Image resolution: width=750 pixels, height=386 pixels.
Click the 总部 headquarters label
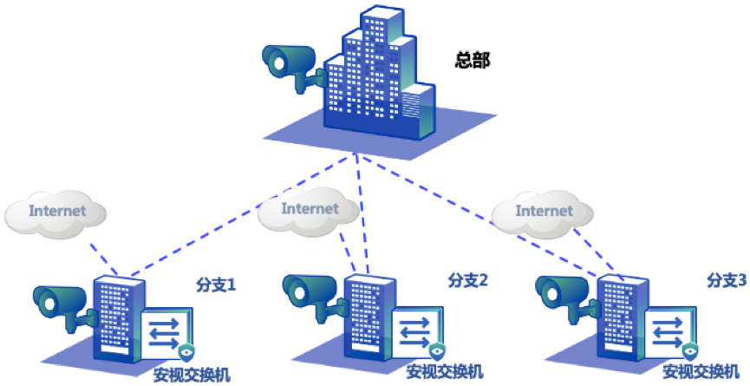(472, 61)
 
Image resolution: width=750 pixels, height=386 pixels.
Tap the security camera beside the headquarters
(291, 63)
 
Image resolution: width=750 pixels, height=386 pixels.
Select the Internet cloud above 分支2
(310, 208)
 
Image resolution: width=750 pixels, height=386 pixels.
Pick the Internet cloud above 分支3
(544, 210)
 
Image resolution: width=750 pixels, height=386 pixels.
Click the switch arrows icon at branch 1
(166, 332)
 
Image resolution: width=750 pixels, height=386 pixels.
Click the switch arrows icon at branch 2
(419, 330)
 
